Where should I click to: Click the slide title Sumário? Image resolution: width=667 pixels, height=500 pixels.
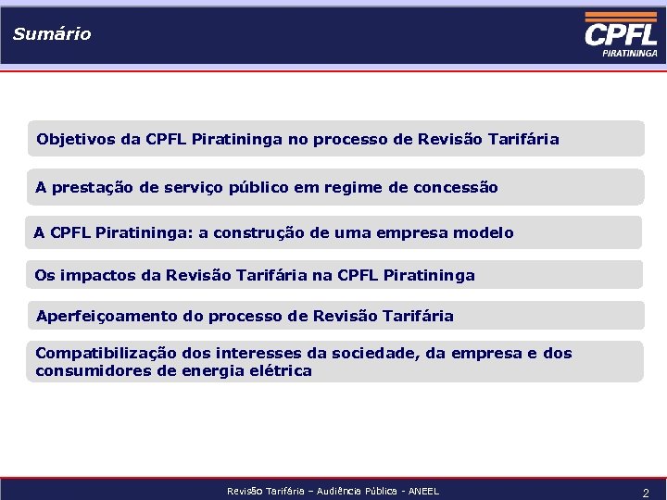52,34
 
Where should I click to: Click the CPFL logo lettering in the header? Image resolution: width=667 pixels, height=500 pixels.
621,35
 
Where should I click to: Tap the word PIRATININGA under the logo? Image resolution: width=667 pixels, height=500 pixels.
630,54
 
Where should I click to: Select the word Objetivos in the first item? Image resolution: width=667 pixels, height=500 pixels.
76,140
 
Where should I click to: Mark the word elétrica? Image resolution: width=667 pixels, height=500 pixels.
280,371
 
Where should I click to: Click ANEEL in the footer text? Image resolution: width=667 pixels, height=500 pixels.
422,491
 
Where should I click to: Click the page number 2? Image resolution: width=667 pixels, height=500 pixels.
646,493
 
